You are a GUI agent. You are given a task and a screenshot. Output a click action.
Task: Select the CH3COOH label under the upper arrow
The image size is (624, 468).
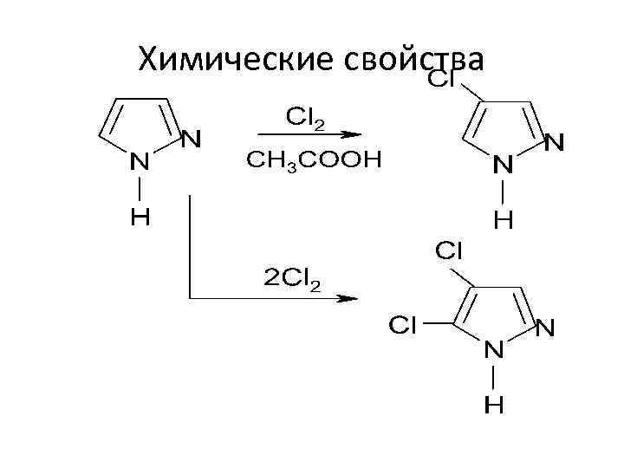pyautogui.click(x=313, y=160)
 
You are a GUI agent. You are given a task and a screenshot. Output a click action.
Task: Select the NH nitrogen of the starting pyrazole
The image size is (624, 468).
pyautogui.click(x=140, y=160)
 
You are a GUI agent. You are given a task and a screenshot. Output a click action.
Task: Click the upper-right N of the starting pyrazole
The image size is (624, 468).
pyautogui.click(x=192, y=138)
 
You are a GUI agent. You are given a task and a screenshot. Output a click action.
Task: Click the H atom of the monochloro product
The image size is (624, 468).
pyautogui.click(x=504, y=220)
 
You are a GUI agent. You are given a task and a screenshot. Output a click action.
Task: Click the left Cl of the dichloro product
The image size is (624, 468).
pyautogui.click(x=402, y=325)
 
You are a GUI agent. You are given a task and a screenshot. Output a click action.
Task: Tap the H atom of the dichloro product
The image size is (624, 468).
pyautogui.click(x=494, y=405)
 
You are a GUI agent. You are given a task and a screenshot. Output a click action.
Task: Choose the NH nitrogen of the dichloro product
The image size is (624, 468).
pyautogui.click(x=494, y=350)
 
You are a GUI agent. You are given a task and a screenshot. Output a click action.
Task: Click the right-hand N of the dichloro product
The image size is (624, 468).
pyautogui.click(x=546, y=328)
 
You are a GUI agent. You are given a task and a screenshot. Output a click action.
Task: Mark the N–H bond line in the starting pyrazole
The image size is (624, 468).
pyautogui.click(x=140, y=189)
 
